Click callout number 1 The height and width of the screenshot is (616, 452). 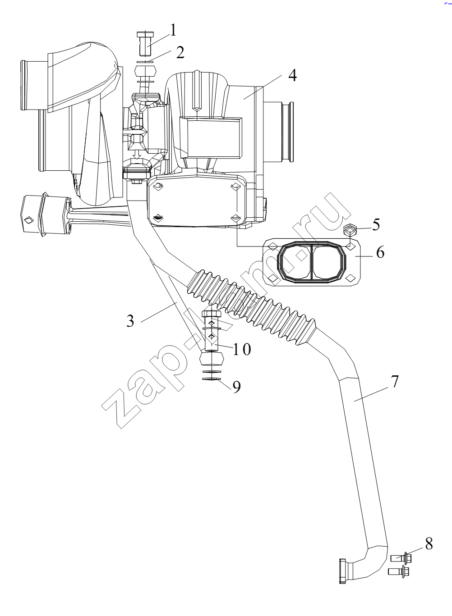pos(173,30)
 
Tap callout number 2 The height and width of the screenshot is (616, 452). pos(180,52)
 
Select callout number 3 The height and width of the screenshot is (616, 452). pos(130,321)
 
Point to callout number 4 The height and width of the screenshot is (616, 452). pos(292,75)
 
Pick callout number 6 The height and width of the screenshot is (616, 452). pos(380,252)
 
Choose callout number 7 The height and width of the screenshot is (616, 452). pos(395,381)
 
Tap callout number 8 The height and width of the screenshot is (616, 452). pos(429,543)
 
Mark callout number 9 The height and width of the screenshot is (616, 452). pos(236,387)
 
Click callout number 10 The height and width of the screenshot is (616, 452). pos(242,349)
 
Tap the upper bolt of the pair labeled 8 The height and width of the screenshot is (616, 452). pos(401,558)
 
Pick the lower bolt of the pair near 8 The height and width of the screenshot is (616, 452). pos(398,571)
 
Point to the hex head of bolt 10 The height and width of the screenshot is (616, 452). pos(211,314)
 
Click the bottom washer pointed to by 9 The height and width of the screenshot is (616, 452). pos(211,379)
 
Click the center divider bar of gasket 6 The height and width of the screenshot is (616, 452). pos(311,261)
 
